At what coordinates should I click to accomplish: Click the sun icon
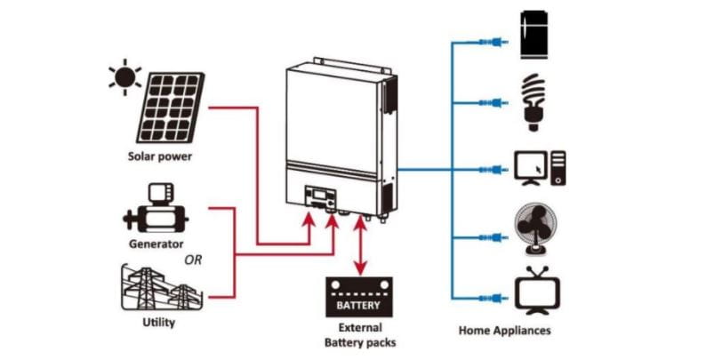point(124,76)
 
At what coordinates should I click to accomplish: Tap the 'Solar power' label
point(159,156)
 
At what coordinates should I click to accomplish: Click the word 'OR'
point(193,260)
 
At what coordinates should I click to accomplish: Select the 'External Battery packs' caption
point(359,335)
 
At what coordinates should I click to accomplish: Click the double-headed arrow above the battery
point(359,246)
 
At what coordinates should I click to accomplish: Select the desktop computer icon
point(540,168)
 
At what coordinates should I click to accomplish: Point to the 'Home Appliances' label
point(504,331)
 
